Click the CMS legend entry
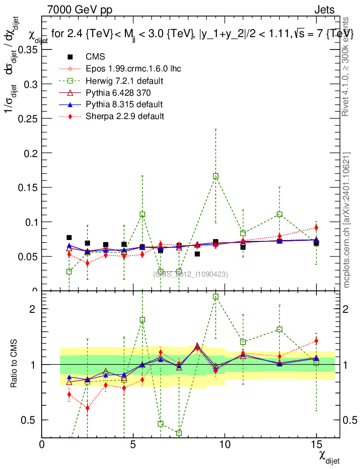coord(95,57)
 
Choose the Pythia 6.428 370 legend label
coord(118,93)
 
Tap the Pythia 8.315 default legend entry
coord(124,104)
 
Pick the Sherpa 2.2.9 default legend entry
coord(125,116)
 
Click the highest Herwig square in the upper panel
coord(216,176)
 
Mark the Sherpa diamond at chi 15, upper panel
coord(316,228)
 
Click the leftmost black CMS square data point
coord(69,237)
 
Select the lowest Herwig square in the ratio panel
coord(179,433)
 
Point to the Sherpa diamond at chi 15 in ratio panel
coord(316,341)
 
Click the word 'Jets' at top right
coord(324,10)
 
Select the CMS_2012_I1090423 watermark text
coord(191,274)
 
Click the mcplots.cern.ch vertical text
coord(347,220)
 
